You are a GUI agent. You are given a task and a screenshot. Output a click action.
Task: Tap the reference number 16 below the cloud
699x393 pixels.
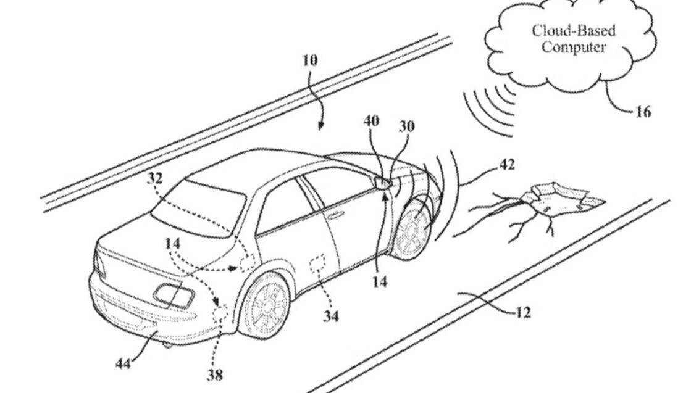(x=642, y=112)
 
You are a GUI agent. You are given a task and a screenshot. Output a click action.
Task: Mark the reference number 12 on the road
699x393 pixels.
(x=522, y=313)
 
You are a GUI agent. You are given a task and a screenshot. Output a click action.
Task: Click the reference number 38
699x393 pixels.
(x=216, y=374)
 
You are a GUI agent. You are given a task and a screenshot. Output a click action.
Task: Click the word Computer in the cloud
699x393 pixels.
(x=574, y=47)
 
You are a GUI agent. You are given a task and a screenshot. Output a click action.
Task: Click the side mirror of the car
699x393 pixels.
(x=382, y=183)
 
